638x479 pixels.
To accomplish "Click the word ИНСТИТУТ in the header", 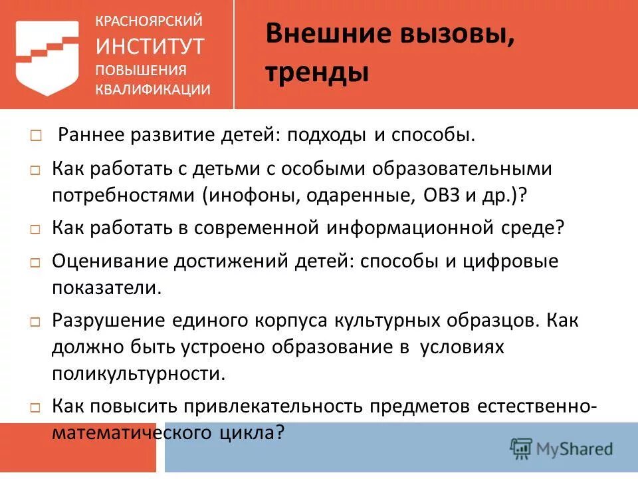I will [x=150, y=47].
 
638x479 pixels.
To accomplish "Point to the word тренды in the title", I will [x=317, y=71].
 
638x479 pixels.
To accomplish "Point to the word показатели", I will [x=106, y=288].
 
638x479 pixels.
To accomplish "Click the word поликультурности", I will [x=138, y=373].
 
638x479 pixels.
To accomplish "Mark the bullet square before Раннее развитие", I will [x=35, y=136].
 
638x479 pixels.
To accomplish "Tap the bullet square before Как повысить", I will [x=35, y=406].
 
